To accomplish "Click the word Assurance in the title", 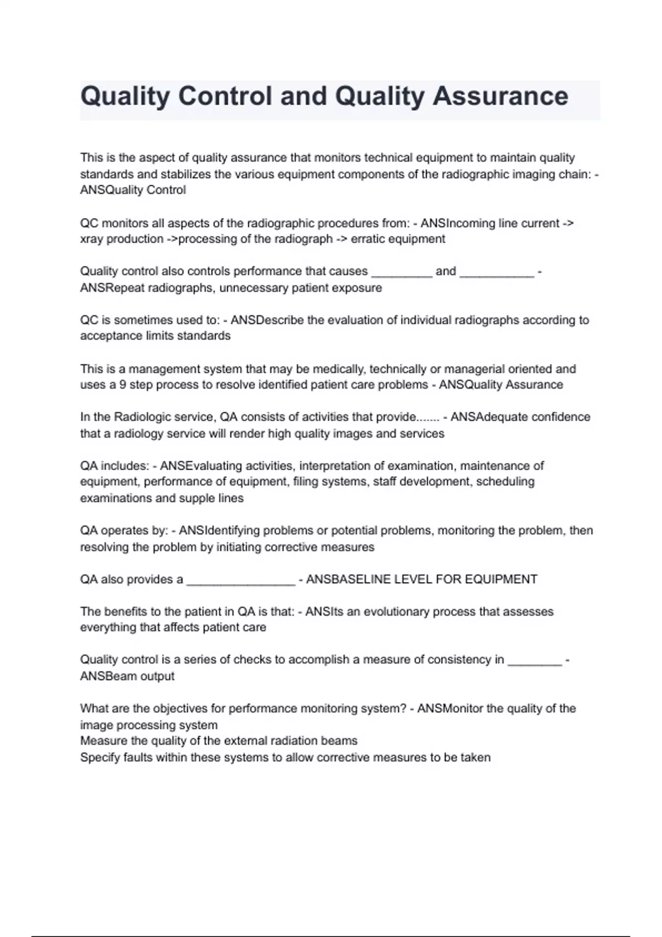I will pyautogui.click(x=500, y=96).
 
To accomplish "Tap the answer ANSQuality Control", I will pyautogui.click(x=133, y=190).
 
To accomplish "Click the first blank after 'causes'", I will pyautogui.click(x=402, y=272).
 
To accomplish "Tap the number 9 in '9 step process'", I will pyautogui.click(x=122, y=385).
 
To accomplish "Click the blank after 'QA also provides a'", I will pyautogui.click(x=241, y=580).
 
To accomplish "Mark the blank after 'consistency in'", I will pyautogui.click(x=534, y=660).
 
